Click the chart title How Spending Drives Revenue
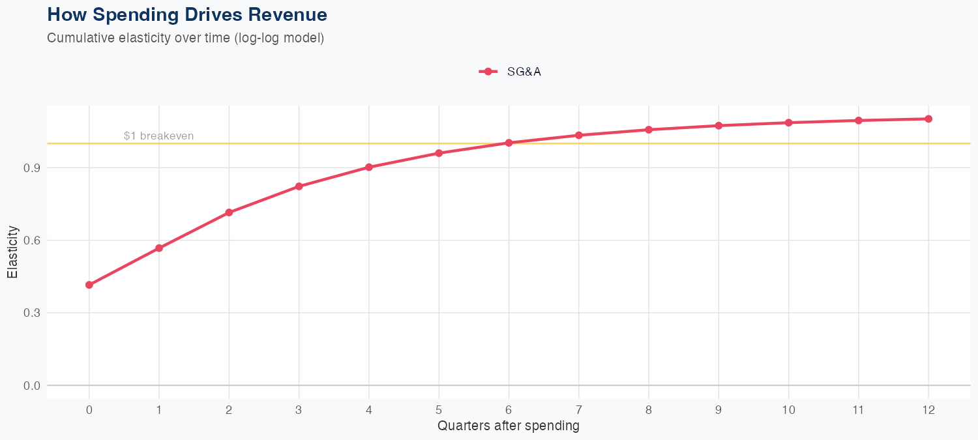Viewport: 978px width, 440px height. tap(187, 14)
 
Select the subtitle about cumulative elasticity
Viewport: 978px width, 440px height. tap(186, 38)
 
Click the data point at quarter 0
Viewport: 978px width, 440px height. tap(89, 285)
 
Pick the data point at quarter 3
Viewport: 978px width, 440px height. tap(299, 186)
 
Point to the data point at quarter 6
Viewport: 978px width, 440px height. tap(509, 143)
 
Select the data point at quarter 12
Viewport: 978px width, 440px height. tap(928, 119)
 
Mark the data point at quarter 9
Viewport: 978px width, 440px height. tap(719, 125)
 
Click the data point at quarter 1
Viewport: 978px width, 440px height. tap(159, 248)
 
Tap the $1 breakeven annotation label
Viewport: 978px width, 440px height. tap(158, 136)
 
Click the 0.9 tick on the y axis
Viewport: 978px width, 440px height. tap(33, 168)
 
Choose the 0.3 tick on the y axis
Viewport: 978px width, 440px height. tap(33, 313)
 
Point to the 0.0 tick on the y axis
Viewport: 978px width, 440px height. tap(33, 385)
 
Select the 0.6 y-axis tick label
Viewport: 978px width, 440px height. tap(33, 241)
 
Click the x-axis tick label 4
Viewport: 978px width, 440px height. tap(369, 410)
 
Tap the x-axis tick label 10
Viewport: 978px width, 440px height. tap(789, 410)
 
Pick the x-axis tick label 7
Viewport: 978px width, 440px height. tap(579, 410)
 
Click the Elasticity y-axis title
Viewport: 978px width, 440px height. tap(12, 252)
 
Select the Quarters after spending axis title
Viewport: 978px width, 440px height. tap(509, 426)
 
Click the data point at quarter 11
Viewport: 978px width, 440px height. tap(859, 121)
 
